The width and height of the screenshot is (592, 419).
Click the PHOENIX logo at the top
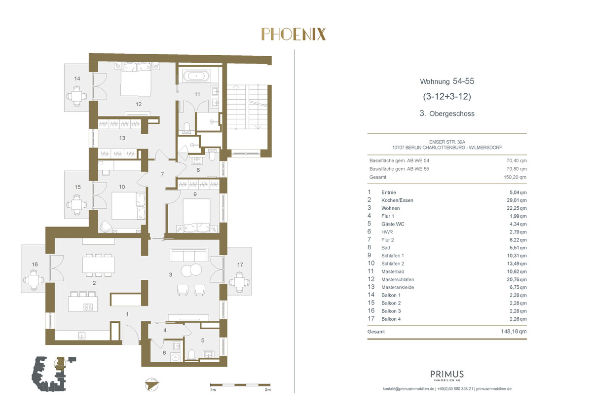click(x=294, y=35)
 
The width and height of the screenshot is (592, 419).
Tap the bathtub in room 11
click(x=196, y=76)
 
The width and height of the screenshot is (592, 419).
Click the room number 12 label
click(x=139, y=105)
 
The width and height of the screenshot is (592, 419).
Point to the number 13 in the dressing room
click(x=122, y=138)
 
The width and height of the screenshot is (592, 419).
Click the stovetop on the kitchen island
click(x=88, y=307)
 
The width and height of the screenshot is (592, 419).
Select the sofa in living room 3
click(x=189, y=255)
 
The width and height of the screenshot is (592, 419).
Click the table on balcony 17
click(x=240, y=282)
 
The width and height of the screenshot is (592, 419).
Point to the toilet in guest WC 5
click(x=192, y=354)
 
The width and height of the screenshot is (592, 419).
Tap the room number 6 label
click(x=164, y=353)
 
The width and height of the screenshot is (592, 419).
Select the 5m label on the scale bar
click(x=268, y=390)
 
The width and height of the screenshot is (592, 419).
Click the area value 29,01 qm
click(x=517, y=200)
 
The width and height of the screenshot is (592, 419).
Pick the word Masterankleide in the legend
click(x=398, y=287)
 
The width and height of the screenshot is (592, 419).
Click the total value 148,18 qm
click(x=514, y=331)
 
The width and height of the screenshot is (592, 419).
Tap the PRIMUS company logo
click(x=447, y=376)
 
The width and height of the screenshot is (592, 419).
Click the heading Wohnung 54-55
click(x=447, y=81)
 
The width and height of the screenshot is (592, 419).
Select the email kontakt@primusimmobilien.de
click(x=408, y=389)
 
